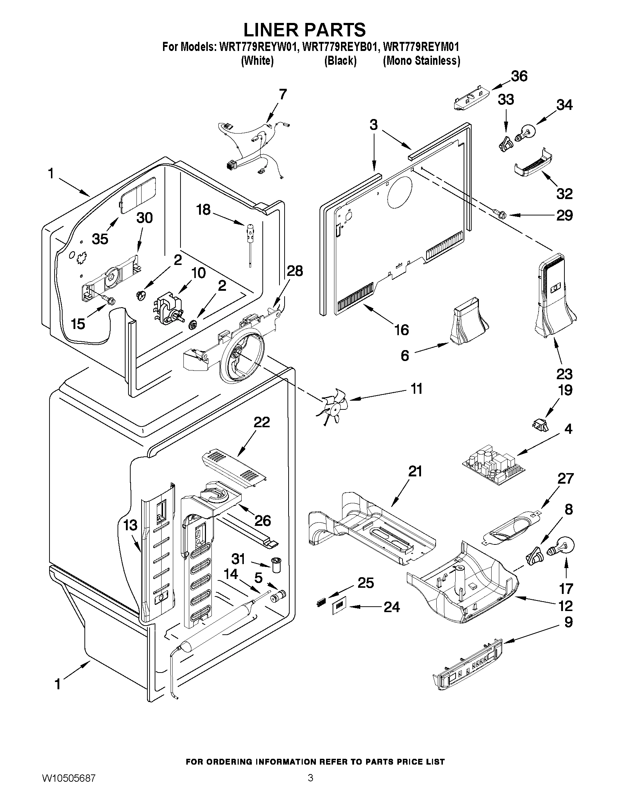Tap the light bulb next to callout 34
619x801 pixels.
526,132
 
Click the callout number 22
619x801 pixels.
261,422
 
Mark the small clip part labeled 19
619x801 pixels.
540,425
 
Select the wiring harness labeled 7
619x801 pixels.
253,147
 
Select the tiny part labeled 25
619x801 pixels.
321,602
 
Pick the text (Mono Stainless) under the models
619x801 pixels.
421,60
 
